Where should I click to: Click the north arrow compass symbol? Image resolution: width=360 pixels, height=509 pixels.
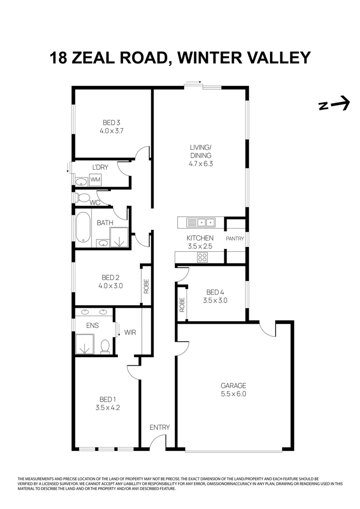[334, 104]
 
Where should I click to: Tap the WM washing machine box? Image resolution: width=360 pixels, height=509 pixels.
[95, 180]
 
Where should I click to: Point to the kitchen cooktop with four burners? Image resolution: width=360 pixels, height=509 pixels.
[202, 257]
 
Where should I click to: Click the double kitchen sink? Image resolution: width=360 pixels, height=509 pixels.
[200, 222]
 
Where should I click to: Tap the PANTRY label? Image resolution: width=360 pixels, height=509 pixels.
[235, 239]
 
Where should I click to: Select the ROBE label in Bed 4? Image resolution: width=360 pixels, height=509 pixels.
[182, 305]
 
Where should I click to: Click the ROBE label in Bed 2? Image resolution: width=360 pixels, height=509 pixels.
[146, 287]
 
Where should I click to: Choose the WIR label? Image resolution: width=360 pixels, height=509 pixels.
[131, 332]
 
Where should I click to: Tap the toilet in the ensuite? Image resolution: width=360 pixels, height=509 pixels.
[105, 345]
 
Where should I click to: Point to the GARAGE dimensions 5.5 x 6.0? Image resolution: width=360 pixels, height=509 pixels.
[233, 394]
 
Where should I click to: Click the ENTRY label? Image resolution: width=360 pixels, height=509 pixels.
[159, 427]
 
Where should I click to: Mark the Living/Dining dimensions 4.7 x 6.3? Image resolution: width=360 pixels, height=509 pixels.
[201, 164]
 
